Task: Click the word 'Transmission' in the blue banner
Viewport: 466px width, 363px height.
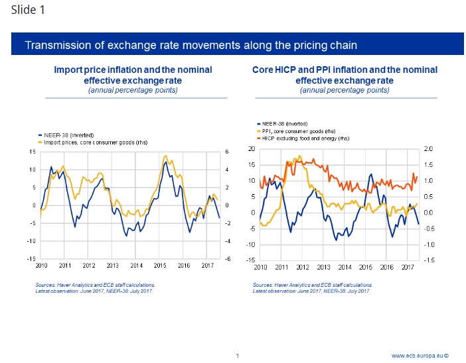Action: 55,46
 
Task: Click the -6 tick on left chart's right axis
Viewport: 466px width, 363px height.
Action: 227,258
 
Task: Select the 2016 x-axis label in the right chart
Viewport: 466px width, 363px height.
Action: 386,266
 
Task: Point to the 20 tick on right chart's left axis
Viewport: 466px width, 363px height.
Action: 251,148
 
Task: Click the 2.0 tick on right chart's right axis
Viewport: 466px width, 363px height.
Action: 428,148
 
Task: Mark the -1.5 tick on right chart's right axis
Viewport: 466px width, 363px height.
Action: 428,260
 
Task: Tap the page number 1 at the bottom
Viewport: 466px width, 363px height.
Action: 237,356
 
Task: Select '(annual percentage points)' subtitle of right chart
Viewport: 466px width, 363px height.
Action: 345,90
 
